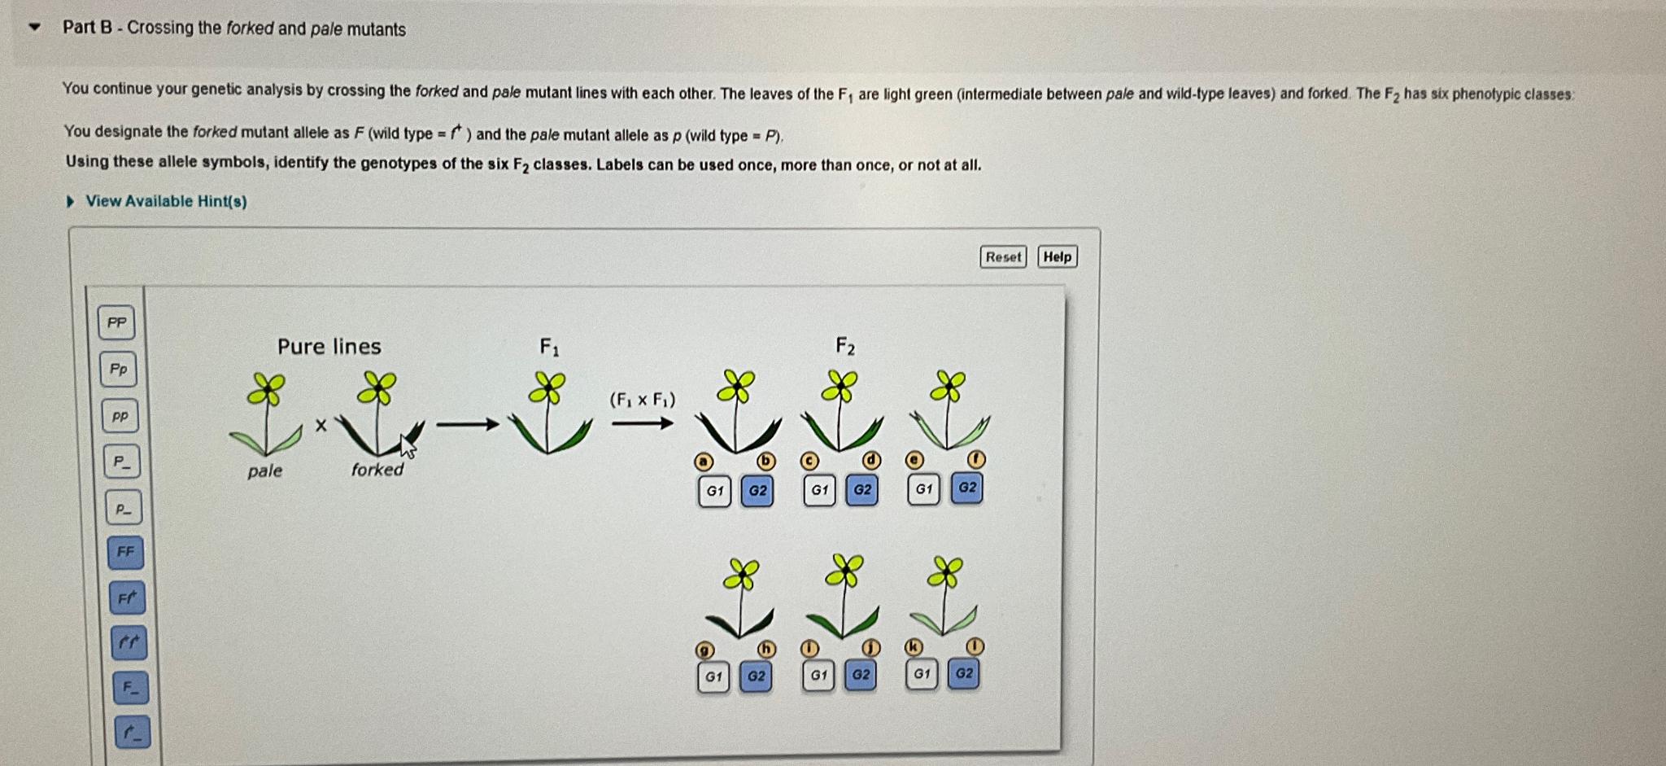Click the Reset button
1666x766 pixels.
pos(1003,256)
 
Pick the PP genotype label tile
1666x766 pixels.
pos(116,322)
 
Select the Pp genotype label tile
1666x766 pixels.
pos(119,369)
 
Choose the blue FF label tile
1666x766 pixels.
pos(125,552)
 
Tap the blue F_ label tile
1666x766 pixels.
pos(130,688)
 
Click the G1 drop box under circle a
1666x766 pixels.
pos(715,491)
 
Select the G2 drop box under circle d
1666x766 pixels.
pos(862,490)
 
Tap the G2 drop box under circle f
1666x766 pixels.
pos(967,488)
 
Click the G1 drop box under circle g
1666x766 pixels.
pos(713,676)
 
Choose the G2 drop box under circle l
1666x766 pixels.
pos(964,673)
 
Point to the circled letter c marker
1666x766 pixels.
pos(809,461)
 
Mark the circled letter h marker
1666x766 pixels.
pos(766,649)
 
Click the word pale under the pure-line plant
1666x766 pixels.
pos(265,471)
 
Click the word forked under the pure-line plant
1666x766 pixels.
pos(377,470)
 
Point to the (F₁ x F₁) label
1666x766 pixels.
pos(643,400)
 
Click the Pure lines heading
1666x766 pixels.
pos(329,347)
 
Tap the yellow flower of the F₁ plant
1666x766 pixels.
pos(547,388)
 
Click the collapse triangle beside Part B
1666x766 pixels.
pos(34,27)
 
